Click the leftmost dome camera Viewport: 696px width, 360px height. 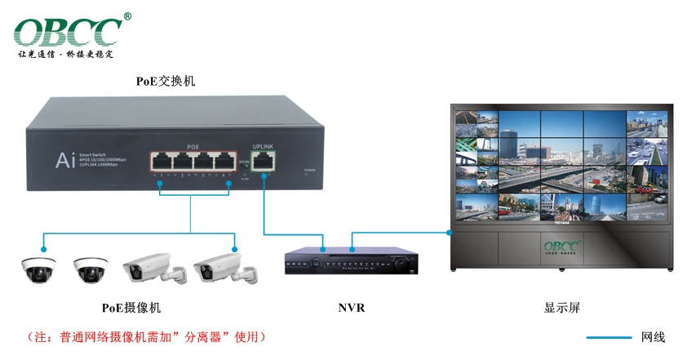39,269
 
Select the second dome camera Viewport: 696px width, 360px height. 90,269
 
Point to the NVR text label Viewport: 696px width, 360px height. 351,308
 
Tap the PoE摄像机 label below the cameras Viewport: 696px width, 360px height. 131,308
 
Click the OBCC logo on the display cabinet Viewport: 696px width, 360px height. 562,245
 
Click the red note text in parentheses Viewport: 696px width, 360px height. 147,336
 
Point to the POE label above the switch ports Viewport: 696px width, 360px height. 193,146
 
